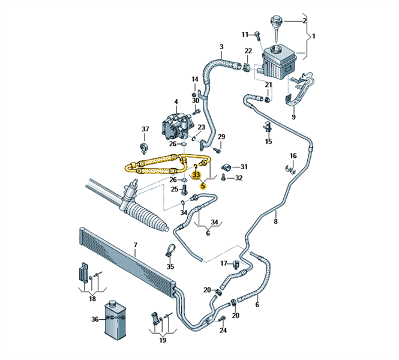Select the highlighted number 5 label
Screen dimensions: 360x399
pyautogui.click(x=203, y=186)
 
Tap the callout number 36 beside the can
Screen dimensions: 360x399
pyautogui.click(x=95, y=320)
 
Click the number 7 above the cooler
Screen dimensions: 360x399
pyautogui.click(x=136, y=245)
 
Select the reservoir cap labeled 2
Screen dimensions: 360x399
pyautogui.click(x=278, y=22)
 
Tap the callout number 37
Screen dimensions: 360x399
pyautogui.click(x=145, y=129)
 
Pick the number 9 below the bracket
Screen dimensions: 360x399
pyautogui.click(x=293, y=117)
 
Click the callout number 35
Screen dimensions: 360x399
pyautogui.click(x=170, y=266)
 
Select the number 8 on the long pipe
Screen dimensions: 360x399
pyautogui.click(x=275, y=222)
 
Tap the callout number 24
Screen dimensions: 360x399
pyautogui.click(x=223, y=331)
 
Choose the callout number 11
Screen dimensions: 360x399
pyautogui.click(x=245, y=34)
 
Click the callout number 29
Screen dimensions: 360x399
pyautogui.click(x=221, y=137)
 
